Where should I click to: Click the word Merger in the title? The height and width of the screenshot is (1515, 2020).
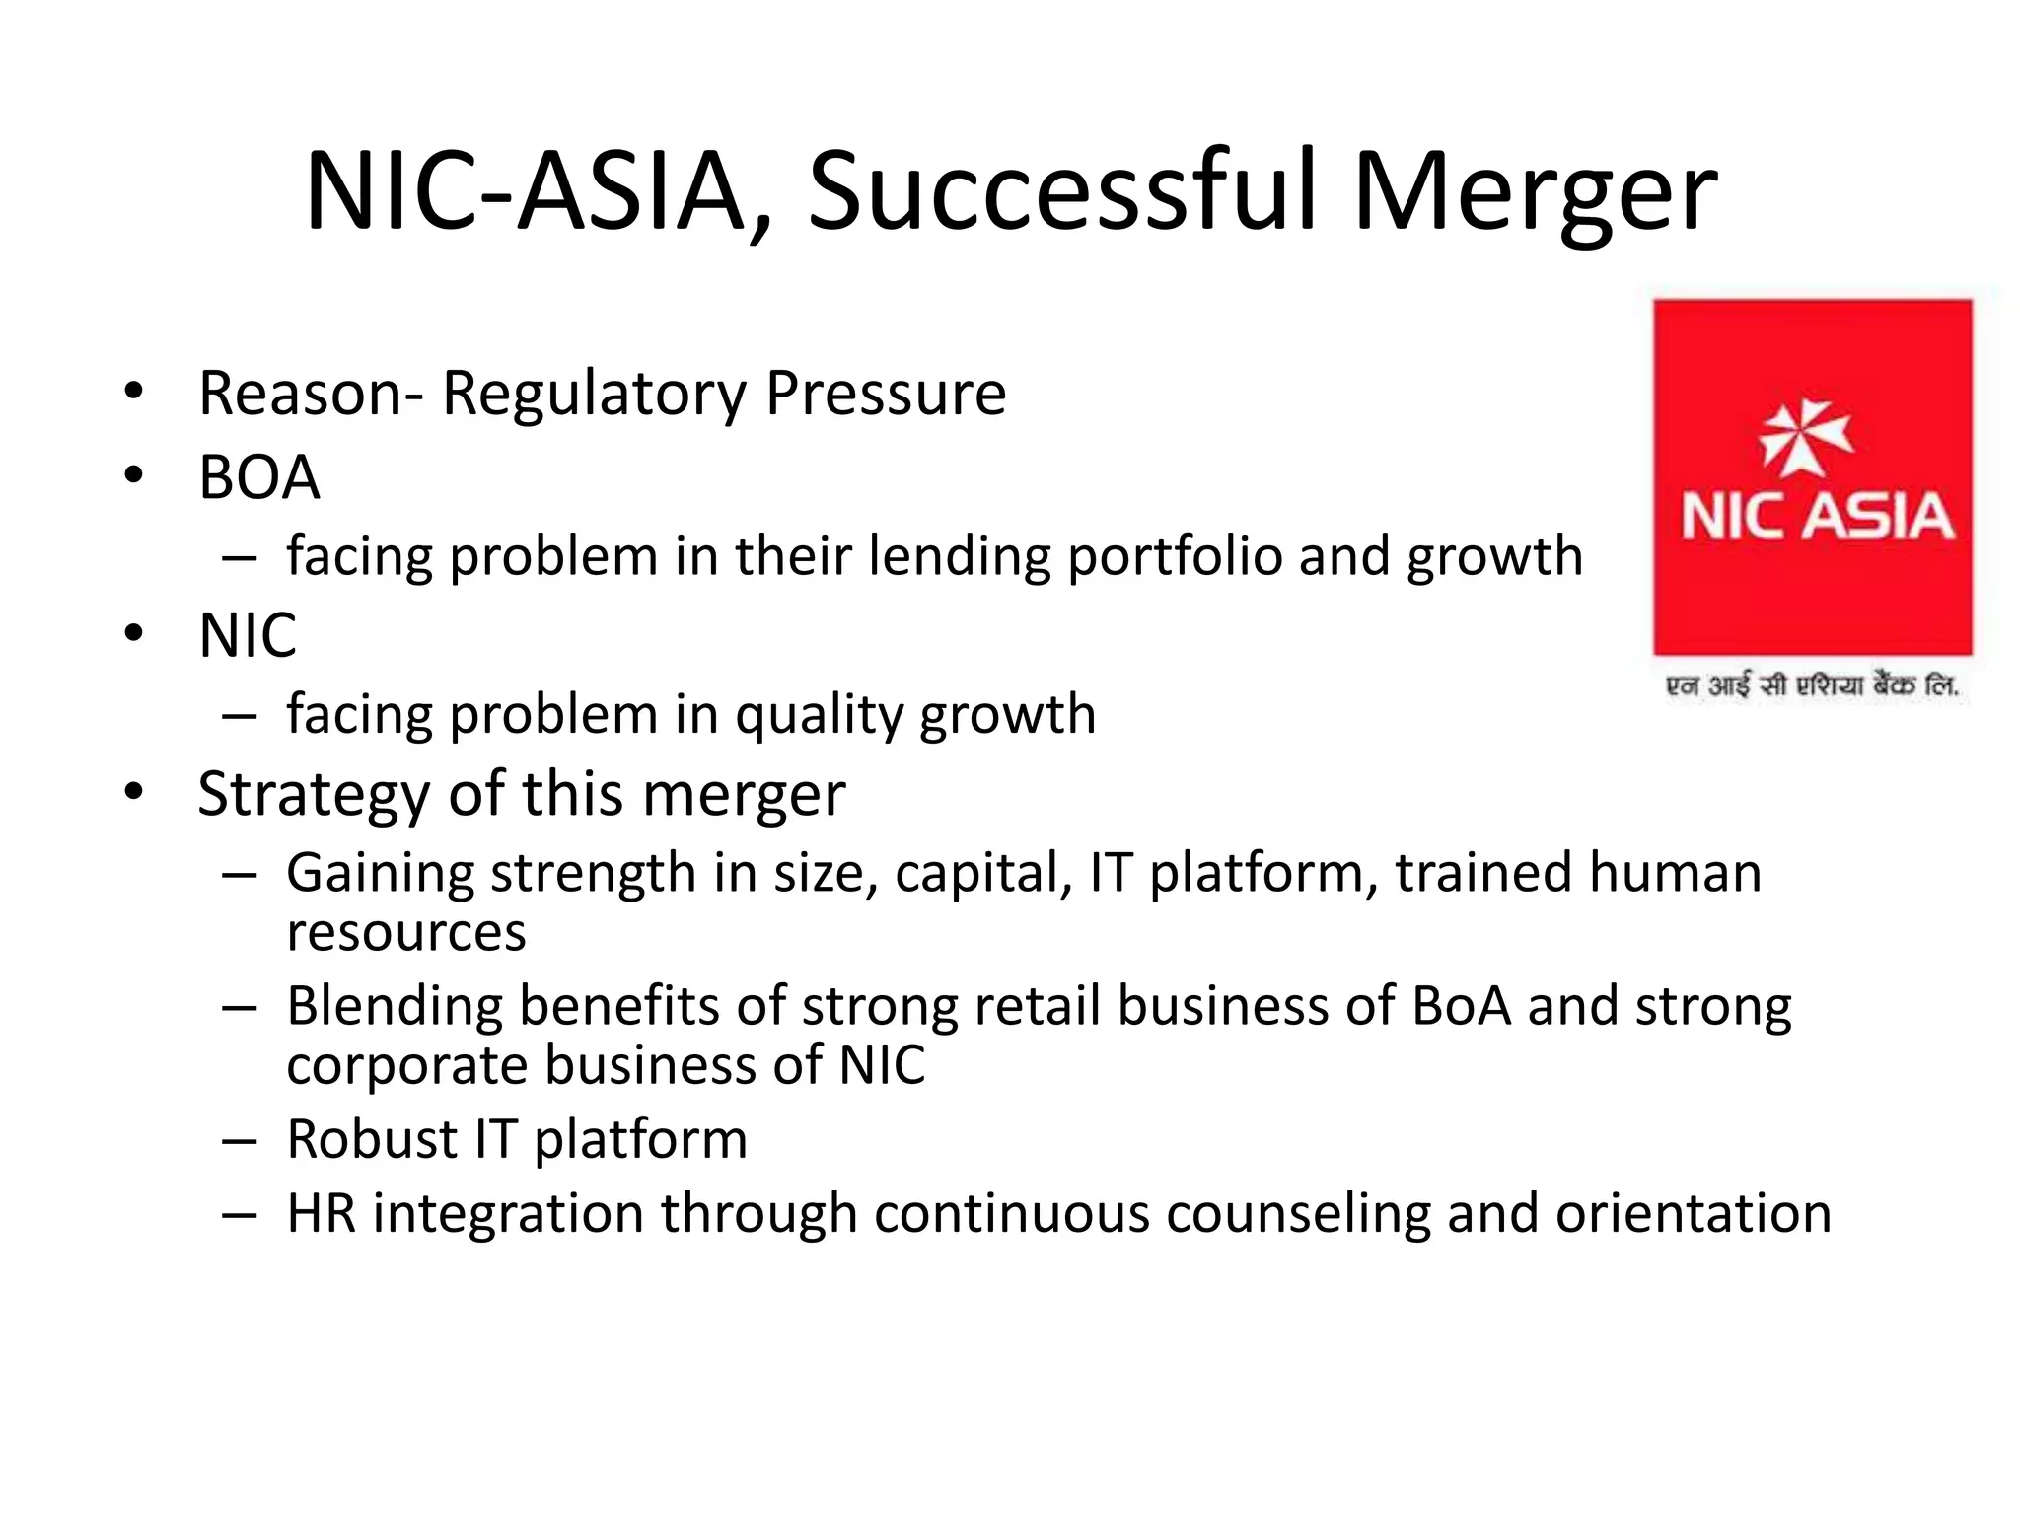click(1535, 192)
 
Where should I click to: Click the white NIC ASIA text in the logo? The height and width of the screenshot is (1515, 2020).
click(1817, 517)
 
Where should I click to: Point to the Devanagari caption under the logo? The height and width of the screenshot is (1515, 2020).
click(1812, 685)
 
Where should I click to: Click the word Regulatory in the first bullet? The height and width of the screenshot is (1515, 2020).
click(595, 395)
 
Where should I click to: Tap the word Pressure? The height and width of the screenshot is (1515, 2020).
click(886, 394)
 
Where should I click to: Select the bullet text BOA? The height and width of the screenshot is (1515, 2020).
click(259, 477)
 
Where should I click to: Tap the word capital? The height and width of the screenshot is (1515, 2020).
click(983, 874)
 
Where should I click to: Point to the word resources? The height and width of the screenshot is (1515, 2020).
click(406, 932)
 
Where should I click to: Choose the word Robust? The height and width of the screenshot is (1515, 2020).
click(372, 1139)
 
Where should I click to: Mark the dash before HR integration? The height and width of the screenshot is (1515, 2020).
click(240, 1215)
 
